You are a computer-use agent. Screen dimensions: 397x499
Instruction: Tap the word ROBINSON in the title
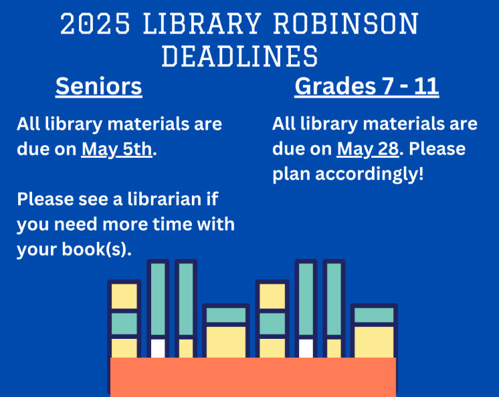tap(354, 25)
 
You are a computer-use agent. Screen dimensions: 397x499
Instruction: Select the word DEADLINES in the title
tap(240, 57)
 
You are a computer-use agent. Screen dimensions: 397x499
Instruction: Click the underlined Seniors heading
tap(99, 87)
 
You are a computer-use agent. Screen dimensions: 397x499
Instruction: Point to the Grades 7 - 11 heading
tap(367, 87)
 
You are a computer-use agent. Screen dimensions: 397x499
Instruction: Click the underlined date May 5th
tap(117, 149)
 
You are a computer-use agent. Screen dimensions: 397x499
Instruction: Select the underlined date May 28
tap(368, 149)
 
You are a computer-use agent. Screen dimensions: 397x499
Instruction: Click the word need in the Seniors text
tap(74, 224)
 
